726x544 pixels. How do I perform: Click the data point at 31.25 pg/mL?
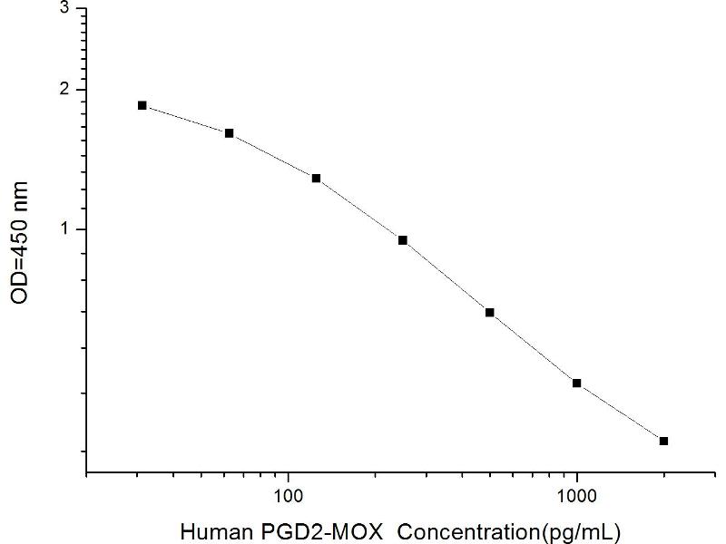pos(142,105)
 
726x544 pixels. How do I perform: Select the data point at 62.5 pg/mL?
pos(229,133)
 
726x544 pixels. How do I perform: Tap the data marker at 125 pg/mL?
pos(316,179)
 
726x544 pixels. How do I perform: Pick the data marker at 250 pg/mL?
pos(402,240)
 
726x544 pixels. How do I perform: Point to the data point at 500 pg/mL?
pos(489,313)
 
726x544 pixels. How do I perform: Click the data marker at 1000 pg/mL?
pos(577,384)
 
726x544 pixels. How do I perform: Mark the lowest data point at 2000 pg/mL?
pos(663,442)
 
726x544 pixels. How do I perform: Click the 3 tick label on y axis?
pos(63,8)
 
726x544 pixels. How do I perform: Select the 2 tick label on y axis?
pos(63,90)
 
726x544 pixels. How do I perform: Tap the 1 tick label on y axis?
pos(63,229)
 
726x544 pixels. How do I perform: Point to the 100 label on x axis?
pos(288,496)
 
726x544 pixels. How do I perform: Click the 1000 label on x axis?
pos(577,496)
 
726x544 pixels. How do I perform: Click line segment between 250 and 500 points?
pos(446,277)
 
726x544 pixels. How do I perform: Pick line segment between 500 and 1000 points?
pos(534,348)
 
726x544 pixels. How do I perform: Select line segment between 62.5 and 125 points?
pos(272,156)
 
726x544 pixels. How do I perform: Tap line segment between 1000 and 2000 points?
pos(621,413)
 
